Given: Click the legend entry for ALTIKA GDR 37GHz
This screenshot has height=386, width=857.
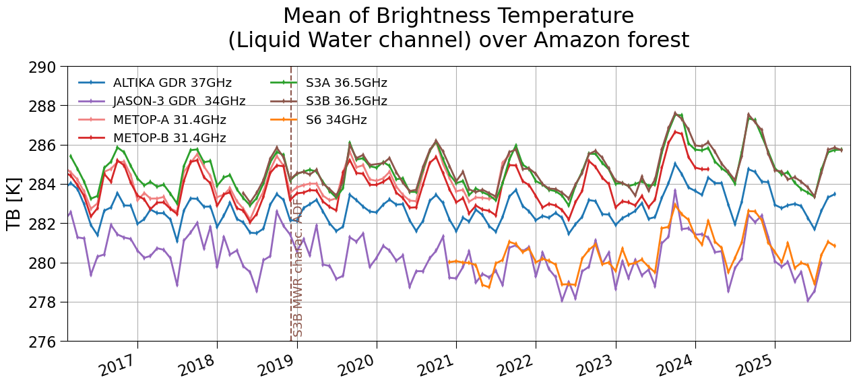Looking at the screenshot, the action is click(155, 83).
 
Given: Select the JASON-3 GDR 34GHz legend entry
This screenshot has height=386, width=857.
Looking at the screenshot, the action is click(162, 101).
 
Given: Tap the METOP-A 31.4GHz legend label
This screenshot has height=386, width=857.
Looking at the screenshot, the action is click(152, 120).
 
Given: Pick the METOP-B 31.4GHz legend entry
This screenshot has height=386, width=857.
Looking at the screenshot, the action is click(152, 137).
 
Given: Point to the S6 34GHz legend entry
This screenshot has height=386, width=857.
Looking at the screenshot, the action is click(319, 120).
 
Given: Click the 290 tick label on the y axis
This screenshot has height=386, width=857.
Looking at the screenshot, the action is click(42, 67).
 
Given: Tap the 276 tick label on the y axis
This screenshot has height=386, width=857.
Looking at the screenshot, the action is click(42, 342).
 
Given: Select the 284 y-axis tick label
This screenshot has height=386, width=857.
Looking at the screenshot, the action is click(42, 185).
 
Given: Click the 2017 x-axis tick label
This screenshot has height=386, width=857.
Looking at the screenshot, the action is click(117, 364).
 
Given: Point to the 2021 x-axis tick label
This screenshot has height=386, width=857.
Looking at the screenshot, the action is click(436, 364).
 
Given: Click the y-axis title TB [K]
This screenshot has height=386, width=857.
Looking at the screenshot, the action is click(13, 204).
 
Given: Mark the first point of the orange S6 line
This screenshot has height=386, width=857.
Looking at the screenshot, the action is click(449, 262).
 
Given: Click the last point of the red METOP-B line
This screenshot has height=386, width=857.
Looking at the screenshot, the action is click(708, 169).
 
